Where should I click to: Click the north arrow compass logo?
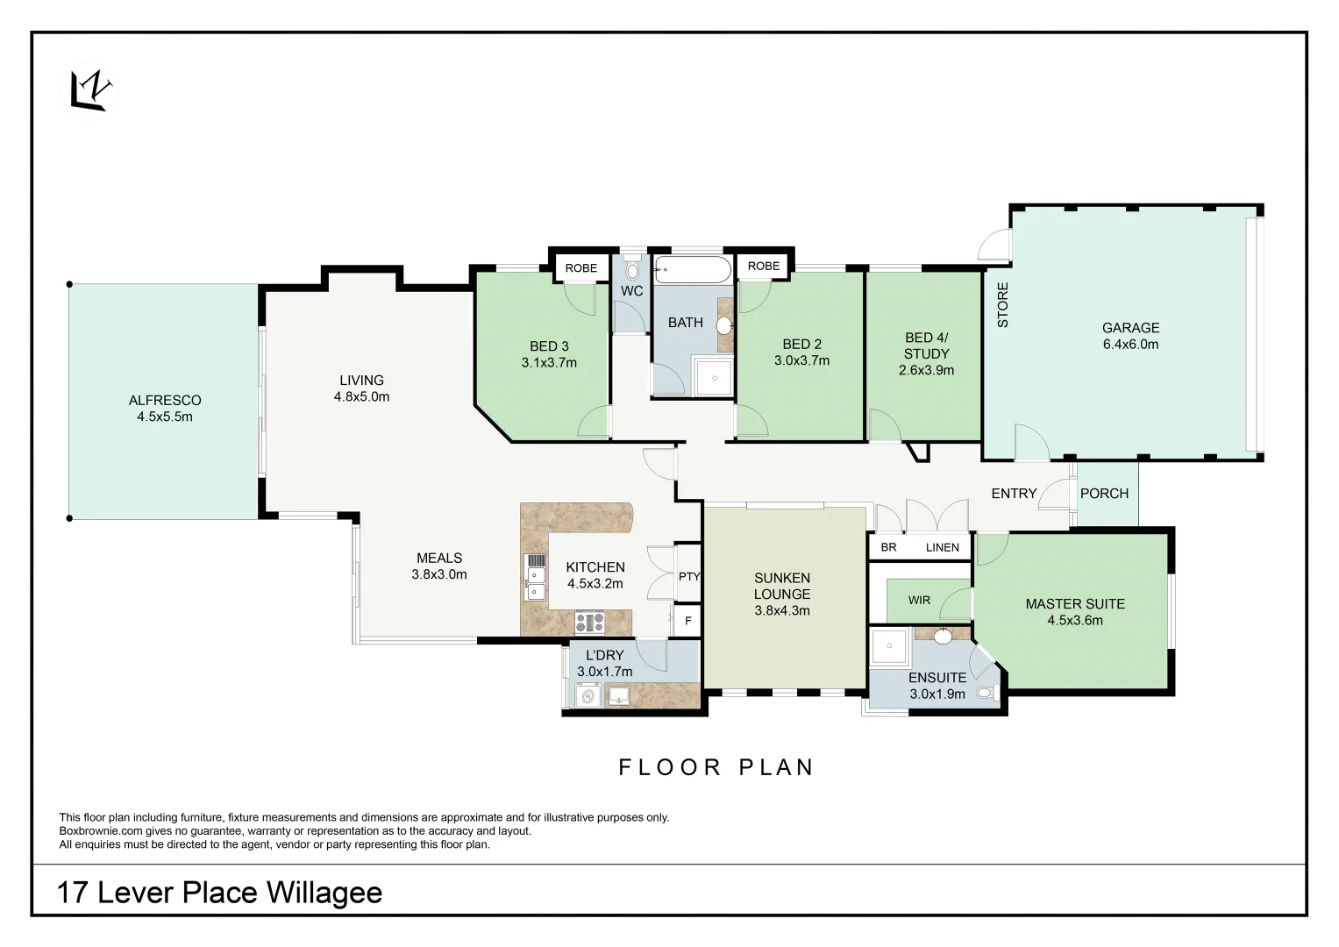coord(89,91)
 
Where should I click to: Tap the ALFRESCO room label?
coord(165,400)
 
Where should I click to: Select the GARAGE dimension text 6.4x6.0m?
coord(1131,345)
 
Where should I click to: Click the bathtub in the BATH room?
coord(692,270)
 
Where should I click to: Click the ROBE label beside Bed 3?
coord(581,267)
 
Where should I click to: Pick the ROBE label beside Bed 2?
coord(764,266)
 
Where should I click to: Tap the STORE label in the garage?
coord(1003,305)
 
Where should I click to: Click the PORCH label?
coord(1105,493)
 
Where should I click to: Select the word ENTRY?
coord(1014,493)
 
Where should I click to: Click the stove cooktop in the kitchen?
coord(590,623)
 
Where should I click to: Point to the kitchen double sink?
coord(535,584)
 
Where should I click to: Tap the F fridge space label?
coord(688,621)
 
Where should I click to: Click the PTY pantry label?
coord(688,576)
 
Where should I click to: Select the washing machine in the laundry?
coord(589,696)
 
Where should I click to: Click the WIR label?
coord(919,601)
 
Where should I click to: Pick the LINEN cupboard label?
coord(942,547)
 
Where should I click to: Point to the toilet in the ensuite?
coord(986,694)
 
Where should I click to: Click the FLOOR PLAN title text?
coord(716,767)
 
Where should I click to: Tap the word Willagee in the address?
coord(324,894)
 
